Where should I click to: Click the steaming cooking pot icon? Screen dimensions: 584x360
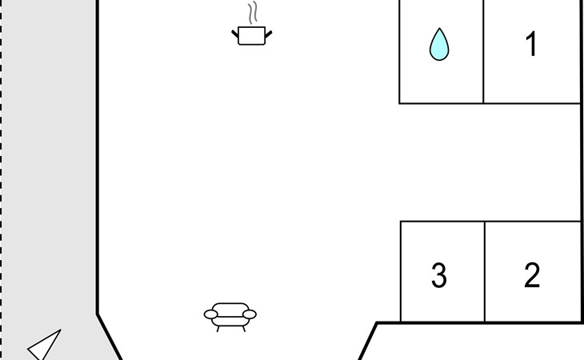(x=252, y=24)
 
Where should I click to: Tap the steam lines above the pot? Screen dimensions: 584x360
(x=254, y=13)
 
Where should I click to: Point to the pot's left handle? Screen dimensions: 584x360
(x=235, y=34)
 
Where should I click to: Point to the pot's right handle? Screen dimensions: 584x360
(x=269, y=34)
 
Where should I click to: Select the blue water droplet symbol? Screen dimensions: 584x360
(x=439, y=44)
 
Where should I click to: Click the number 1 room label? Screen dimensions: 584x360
(x=531, y=44)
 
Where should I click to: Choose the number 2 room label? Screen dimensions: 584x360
(x=532, y=275)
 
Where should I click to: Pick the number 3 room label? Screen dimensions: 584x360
(x=439, y=275)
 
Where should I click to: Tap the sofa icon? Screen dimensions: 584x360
(x=230, y=317)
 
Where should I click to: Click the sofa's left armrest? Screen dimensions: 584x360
(x=211, y=314)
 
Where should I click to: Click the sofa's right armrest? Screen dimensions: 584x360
(x=250, y=314)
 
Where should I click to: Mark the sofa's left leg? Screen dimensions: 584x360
(x=218, y=329)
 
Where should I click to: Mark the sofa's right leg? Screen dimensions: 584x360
(x=244, y=329)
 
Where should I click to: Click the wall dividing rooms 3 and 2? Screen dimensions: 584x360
(x=485, y=272)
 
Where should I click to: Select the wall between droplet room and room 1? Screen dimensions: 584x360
(x=483, y=51)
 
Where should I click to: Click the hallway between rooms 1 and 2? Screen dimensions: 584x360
(x=490, y=162)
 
